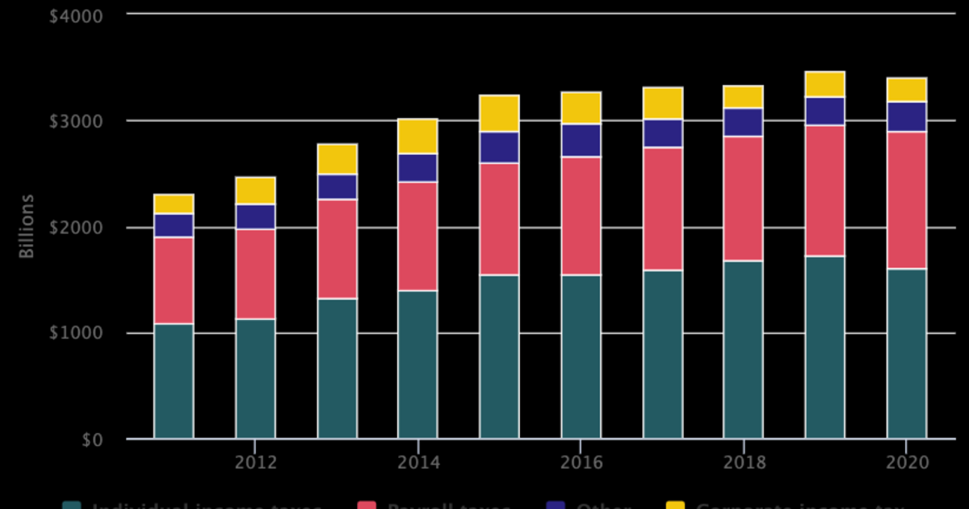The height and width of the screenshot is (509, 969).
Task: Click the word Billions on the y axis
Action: click(x=27, y=226)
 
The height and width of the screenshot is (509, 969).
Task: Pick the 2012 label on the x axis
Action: click(x=255, y=463)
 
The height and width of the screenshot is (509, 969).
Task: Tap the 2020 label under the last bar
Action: click(x=906, y=463)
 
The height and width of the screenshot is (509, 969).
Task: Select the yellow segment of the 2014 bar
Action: click(x=417, y=137)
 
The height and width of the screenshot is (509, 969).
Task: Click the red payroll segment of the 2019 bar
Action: click(x=824, y=191)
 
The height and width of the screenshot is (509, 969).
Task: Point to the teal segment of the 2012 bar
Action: click(x=255, y=379)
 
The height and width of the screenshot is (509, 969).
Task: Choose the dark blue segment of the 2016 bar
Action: click(x=581, y=141)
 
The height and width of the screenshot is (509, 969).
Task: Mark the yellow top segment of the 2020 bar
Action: click(x=906, y=90)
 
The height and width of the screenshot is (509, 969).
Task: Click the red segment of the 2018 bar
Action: click(x=743, y=199)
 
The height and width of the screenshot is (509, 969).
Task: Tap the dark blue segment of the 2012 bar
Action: click(x=255, y=217)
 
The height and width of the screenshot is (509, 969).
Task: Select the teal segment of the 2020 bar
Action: click(x=906, y=354)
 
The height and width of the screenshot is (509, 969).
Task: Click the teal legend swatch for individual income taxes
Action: click(x=72, y=506)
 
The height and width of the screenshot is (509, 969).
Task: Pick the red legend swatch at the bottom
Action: click(x=367, y=506)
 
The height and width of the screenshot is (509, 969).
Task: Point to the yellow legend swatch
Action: click(x=675, y=506)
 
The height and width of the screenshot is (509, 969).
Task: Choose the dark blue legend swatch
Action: click(x=556, y=506)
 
